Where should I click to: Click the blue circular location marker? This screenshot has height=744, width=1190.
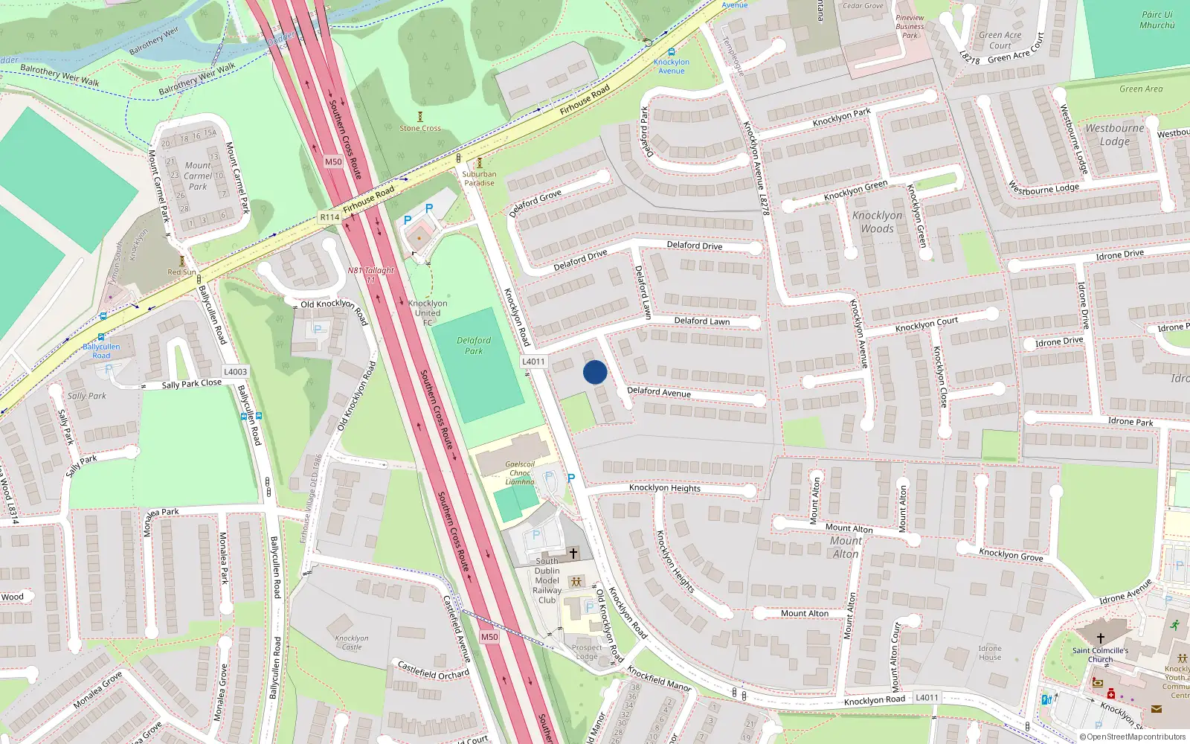pyautogui.click(x=595, y=372)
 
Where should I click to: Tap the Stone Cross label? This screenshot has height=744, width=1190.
pyautogui.click(x=420, y=128)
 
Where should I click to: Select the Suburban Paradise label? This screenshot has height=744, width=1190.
pyautogui.click(x=479, y=179)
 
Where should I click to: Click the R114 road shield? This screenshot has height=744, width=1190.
pyautogui.click(x=329, y=217)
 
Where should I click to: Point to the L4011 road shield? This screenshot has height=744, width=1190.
pyautogui.click(x=533, y=362)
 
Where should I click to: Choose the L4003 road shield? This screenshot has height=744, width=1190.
pyautogui.click(x=235, y=372)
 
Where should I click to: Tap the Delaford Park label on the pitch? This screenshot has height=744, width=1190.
pyautogui.click(x=474, y=345)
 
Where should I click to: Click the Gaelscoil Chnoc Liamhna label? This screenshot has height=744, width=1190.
pyautogui.click(x=520, y=472)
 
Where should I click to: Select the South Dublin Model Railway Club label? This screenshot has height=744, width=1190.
pyautogui.click(x=547, y=580)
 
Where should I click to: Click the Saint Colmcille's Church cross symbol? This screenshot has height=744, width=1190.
pyautogui.click(x=1101, y=638)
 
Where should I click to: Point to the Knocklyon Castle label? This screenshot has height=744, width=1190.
pyautogui.click(x=352, y=643)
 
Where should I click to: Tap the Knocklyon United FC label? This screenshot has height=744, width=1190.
pyautogui.click(x=428, y=312)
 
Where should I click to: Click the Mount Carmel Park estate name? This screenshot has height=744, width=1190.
pyautogui.click(x=198, y=176)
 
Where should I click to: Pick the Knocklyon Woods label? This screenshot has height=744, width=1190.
pyautogui.click(x=877, y=222)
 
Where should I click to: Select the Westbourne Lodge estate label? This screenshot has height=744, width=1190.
pyautogui.click(x=1114, y=135)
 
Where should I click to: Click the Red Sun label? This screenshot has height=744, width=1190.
pyautogui.click(x=181, y=272)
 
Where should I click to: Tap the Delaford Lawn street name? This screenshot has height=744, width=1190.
pyautogui.click(x=702, y=321)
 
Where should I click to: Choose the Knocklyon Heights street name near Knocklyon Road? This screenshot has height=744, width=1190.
pyautogui.click(x=664, y=488)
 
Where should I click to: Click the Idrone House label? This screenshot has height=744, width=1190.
pyautogui.click(x=990, y=652)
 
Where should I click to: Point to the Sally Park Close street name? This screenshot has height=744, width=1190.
pyautogui.click(x=191, y=384)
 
